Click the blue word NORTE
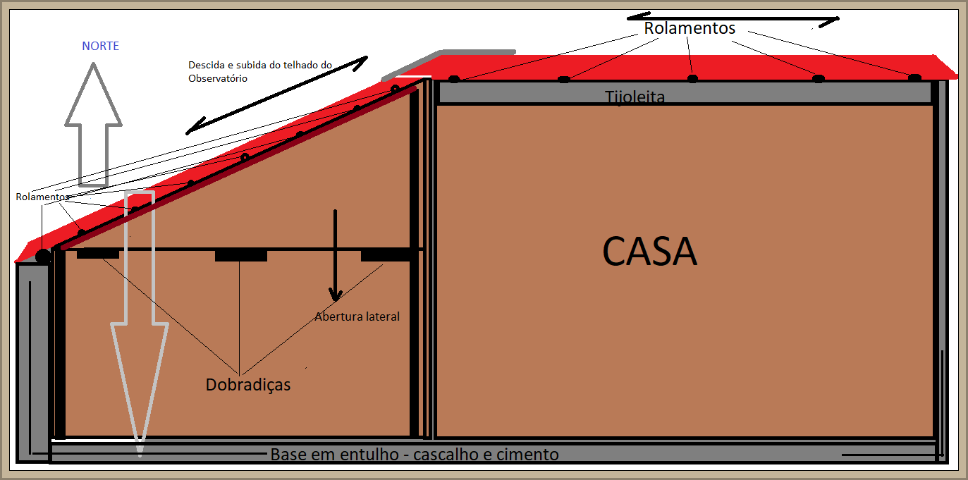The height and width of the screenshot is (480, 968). coord(100,47)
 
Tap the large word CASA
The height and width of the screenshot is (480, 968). coord(649,251)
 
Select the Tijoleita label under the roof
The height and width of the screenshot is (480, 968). coord(635,97)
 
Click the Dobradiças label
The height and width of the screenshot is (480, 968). coord(248,385)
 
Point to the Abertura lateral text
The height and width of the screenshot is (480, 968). coord(357,316)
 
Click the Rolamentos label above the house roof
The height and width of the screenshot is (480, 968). coord(689,28)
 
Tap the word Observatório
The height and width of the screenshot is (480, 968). coord(218,79)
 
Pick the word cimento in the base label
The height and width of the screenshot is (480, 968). coord(527,455)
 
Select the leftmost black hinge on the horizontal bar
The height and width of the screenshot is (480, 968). coord(97,254)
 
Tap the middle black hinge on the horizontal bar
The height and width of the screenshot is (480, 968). coord(240,255)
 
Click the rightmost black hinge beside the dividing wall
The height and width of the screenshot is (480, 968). coord(385,255)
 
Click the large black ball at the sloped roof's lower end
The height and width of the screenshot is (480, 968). coord(44,257)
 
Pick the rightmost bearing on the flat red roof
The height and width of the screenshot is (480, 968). coord(914,78)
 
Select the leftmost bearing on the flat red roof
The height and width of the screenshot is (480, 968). coord(454,79)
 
